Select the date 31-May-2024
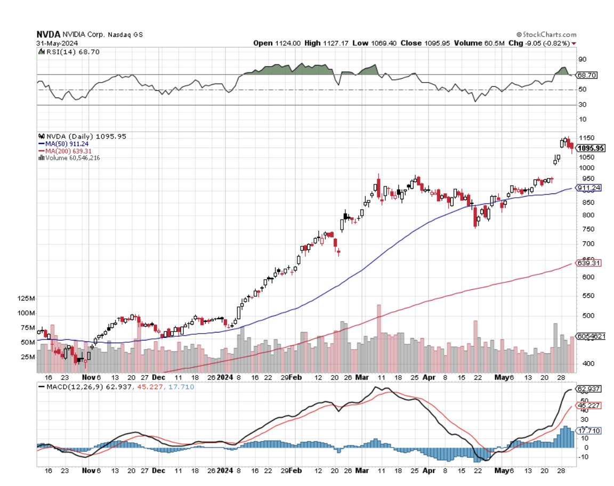[x=57, y=43]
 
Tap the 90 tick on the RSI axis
[x=583, y=60]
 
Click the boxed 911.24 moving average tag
[x=589, y=188]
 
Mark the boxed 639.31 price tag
[x=589, y=263]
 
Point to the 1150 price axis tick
[x=586, y=138]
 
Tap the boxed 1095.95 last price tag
[x=591, y=149]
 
